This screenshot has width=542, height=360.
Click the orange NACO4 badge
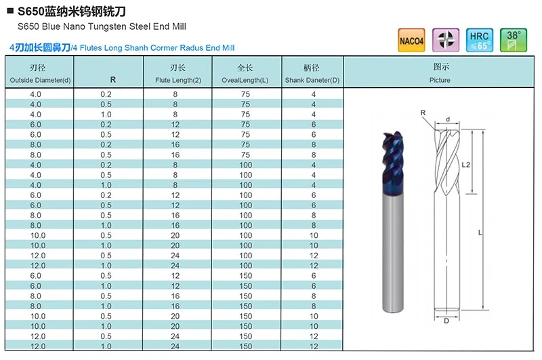[x=411, y=40]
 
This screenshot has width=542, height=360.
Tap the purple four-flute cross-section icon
[x=446, y=40]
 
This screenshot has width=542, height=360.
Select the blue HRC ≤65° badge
[x=480, y=40]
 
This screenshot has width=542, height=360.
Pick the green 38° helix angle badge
[x=514, y=40]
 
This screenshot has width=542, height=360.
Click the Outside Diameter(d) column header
[x=40, y=80]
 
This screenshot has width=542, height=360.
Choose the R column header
[x=113, y=80]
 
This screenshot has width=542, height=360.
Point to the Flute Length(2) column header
[x=178, y=80]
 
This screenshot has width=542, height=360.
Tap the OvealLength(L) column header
[x=245, y=80]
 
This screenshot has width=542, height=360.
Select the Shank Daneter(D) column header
[x=312, y=80]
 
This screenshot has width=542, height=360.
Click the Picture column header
[x=440, y=80]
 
